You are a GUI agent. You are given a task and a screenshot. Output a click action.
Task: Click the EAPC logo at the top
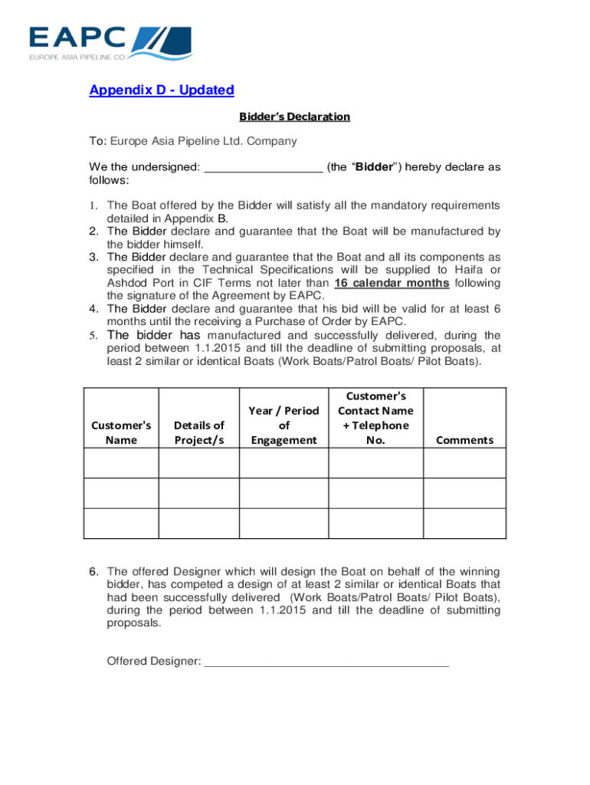tap(110, 43)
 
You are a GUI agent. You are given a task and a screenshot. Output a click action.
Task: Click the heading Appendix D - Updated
tap(162, 90)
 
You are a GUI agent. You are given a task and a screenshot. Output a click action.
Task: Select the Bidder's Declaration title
tap(294, 117)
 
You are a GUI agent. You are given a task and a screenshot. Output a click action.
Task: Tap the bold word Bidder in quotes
tap(373, 167)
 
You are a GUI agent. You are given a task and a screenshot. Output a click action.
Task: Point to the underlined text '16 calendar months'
tap(392, 283)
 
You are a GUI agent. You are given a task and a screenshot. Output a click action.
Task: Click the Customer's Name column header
tap(121, 432)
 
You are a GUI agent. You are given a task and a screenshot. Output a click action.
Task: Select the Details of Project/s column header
tap(198, 432)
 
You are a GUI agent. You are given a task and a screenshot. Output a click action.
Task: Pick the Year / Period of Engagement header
tap(284, 425)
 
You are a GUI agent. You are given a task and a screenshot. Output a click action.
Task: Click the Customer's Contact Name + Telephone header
tap(375, 418)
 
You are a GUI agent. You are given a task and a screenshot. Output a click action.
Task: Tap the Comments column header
tap(464, 440)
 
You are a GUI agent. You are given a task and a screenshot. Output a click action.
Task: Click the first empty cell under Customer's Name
tap(121, 463)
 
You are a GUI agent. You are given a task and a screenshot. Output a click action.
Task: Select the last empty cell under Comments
tap(464, 523)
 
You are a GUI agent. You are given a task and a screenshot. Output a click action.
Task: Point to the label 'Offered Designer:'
tap(153, 661)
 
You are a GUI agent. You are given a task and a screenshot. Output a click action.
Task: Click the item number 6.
tap(93, 572)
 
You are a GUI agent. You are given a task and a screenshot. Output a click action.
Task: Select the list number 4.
tap(93, 309)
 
